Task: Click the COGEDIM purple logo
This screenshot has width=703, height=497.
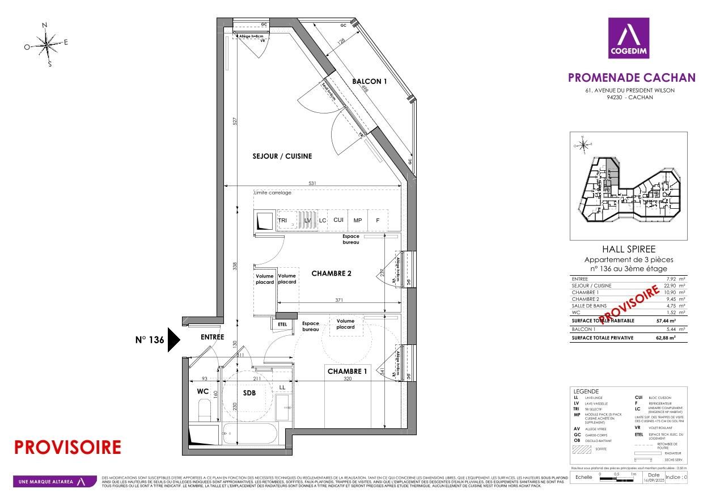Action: pyautogui.click(x=629, y=38)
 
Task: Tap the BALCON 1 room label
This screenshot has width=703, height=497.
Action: pyautogui.click(x=369, y=81)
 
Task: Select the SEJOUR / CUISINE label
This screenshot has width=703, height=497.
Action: pyautogui.click(x=282, y=156)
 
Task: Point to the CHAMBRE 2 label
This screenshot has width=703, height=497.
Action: pyautogui.click(x=332, y=273)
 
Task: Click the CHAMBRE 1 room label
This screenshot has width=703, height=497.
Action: pyautogui.click(x=346, y=372)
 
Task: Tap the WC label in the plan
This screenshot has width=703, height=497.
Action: pyautogui.click(x=203, y=391)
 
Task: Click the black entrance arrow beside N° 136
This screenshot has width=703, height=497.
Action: pyautogui.click(x=173, y=340)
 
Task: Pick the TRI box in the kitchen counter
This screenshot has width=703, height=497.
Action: pyautogui.click(x=283, y=220)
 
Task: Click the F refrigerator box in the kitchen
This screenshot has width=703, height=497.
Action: pyautogui.click(x=377, y=220)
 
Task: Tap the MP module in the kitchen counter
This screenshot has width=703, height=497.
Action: pyautogui.click(x=358, y=220)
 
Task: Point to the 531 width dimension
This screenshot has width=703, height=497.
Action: pyautogui.click(x=312, y=183)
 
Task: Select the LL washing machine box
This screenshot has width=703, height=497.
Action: pyautogui.click(x=282, y=388)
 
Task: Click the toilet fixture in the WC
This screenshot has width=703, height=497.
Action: pyautogui.click(x=205, y=410)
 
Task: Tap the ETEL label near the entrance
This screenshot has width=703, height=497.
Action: pyautogui.click(x=282, y=325)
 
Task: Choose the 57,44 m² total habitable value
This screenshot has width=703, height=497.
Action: pyautogui.click(x=675, y=321)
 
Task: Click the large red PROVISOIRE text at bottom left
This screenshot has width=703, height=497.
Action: pyautogui.click(x=67, y=447)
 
